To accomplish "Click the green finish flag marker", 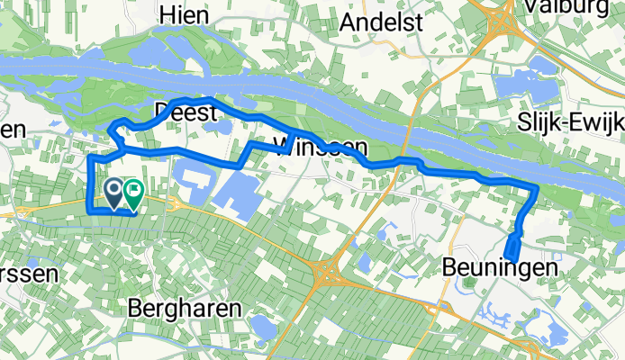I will click(x=133, y=191).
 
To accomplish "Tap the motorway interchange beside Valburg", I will click(x=502, y=12).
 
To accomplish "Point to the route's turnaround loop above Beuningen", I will click(x=512, y=247).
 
